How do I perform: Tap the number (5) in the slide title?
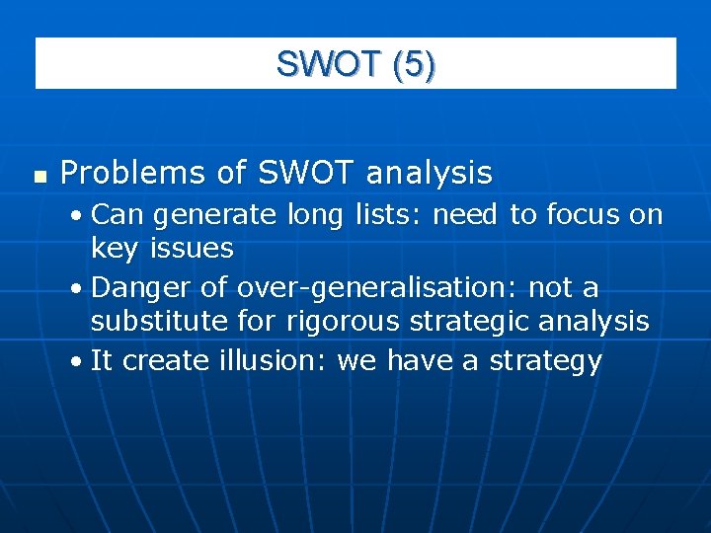413,64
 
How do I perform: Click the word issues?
192,248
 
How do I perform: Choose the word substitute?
159,321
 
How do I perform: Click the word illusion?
269,361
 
